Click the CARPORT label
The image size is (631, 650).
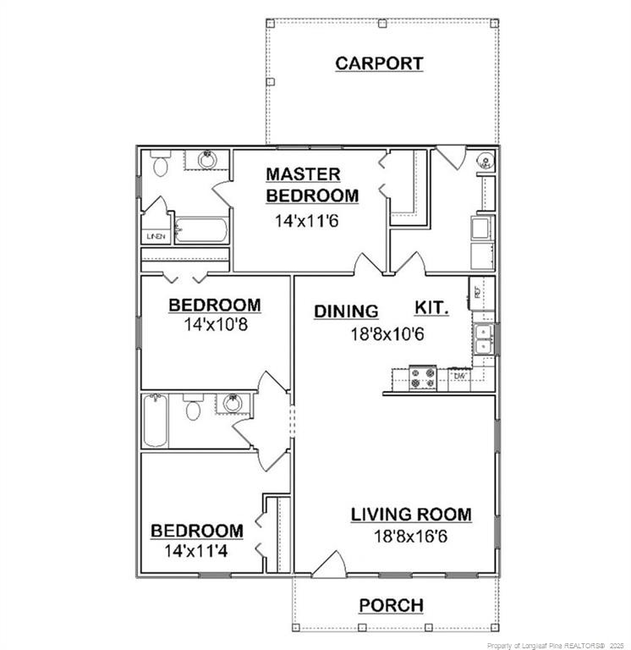pyautogui.click(x=379, y=63)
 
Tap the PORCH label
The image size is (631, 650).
pyautogui.click(x=391, y=605)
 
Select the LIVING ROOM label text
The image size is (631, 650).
pyautogui.click(x=411, y=515)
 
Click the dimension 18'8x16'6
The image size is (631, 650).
pyautogui.click(x=411, y=535)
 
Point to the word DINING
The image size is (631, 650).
pyautogui.click(x=346, y=311)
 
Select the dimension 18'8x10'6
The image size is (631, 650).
pyautogui.click(x=387, y=333)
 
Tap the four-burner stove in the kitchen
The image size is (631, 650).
pyautogui.click(x=422, y=378)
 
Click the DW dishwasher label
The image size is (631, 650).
pyautogui.click(x=459, y=376)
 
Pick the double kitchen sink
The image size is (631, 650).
pyautogui.click(x=485, y=339)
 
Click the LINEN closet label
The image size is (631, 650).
pyautogui.click(x=155, y=237)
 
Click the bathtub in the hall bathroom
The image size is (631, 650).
pyautogui.click(x=156, y=421)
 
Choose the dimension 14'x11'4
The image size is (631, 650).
pyautogui.click(x=197, y=549)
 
